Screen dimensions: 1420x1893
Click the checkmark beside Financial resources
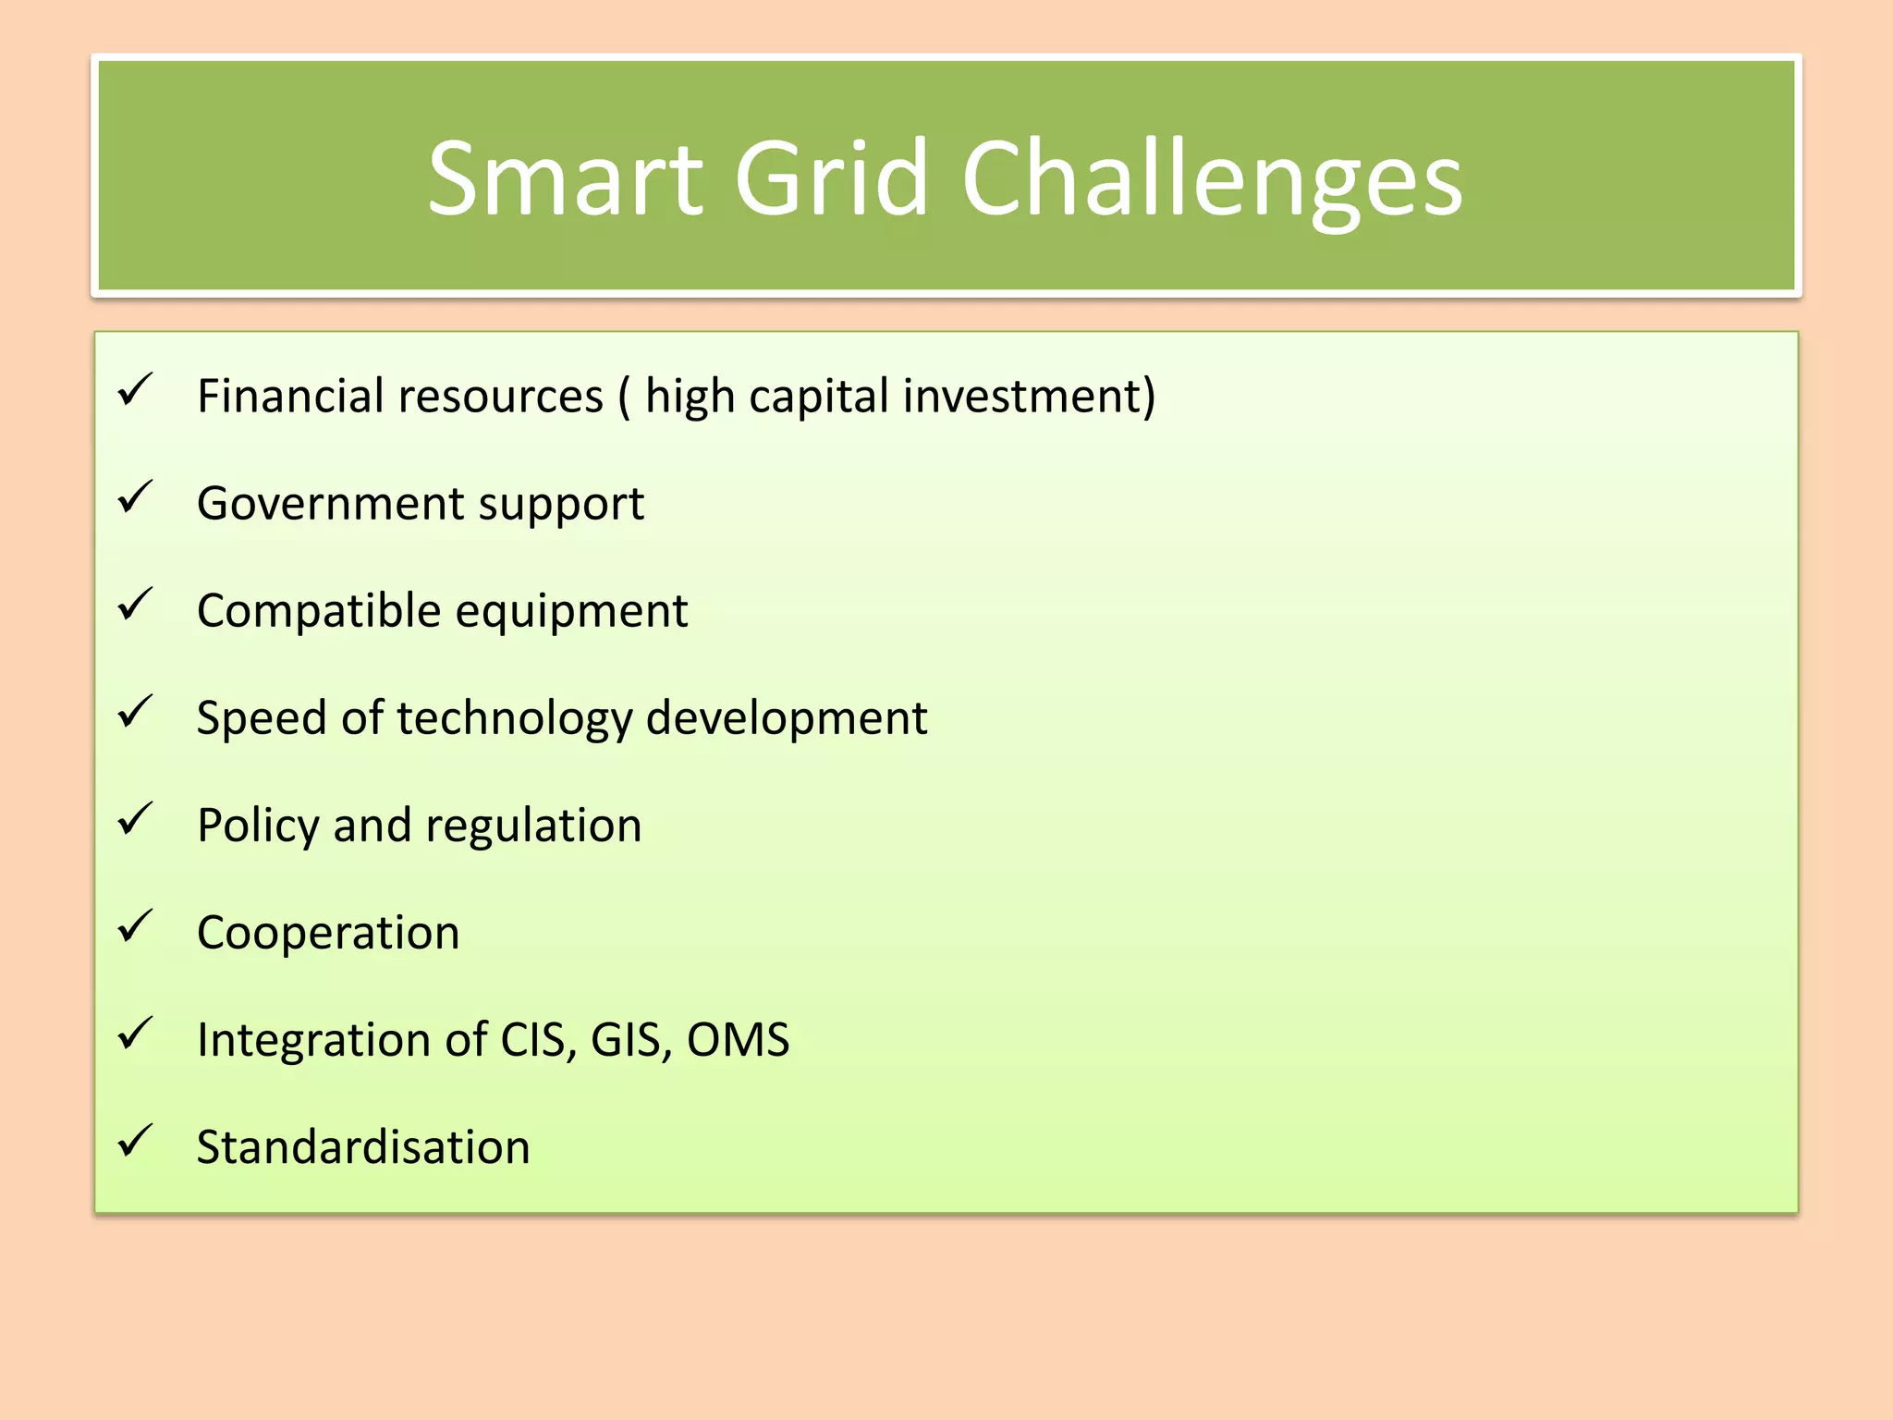[x=135, y=390]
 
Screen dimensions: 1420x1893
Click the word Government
[x=331, y=504]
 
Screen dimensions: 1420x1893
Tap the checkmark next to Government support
[x=135, y=497]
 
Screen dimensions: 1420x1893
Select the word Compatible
[x=319, y=611]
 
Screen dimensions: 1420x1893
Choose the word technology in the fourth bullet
[x=514, y=718]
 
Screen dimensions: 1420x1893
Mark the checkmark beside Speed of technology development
[x=135, y=712]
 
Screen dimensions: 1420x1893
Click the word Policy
[x=258, y=826]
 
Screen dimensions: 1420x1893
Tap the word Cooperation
[x=328, y=933]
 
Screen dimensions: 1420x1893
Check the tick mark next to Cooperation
[x=135, y=926]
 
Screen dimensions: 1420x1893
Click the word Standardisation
[x=363, y=1147]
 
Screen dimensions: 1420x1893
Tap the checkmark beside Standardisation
[x=135, y=1141]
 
